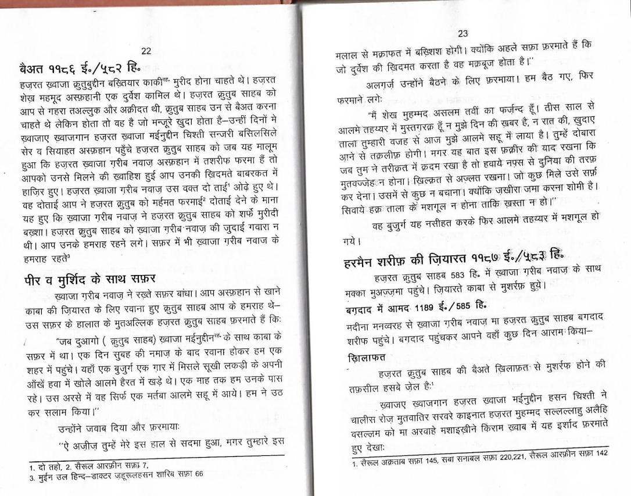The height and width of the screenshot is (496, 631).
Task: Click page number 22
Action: coord(146,52)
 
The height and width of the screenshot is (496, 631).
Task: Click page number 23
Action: coord(463,34)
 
